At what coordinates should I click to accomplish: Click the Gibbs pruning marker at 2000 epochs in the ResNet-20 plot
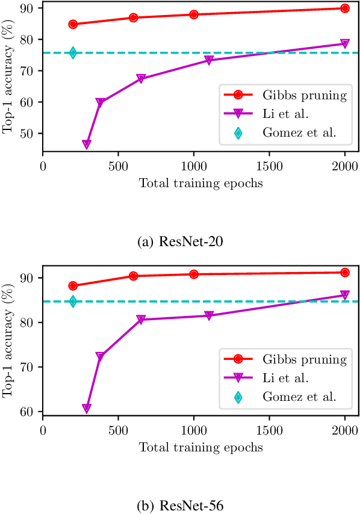point(345,8)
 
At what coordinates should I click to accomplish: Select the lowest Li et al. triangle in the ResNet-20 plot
point(87,144)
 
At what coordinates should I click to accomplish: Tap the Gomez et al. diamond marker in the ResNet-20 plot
point(73,52)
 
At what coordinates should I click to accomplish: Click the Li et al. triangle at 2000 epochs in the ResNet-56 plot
point(345,295)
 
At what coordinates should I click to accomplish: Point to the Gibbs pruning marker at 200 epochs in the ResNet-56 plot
point(73,286)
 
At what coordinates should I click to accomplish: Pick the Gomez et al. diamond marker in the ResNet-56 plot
point(73,302)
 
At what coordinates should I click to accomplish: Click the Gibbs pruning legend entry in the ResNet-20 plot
point(287,94)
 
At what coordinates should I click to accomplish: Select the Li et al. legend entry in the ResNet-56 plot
point(287,378)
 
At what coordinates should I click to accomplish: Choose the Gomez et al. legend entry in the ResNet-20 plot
point(287,133)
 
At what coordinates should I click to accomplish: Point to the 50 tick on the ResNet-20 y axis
point(29,134)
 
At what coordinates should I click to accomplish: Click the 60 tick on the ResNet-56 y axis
point(29,412)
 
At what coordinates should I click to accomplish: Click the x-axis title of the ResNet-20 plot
point(200,183)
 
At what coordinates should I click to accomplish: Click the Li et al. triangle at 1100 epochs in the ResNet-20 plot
point(209,60)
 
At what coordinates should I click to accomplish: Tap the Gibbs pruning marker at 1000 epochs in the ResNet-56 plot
point(194,274)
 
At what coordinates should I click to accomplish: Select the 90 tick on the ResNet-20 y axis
point(29,8)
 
